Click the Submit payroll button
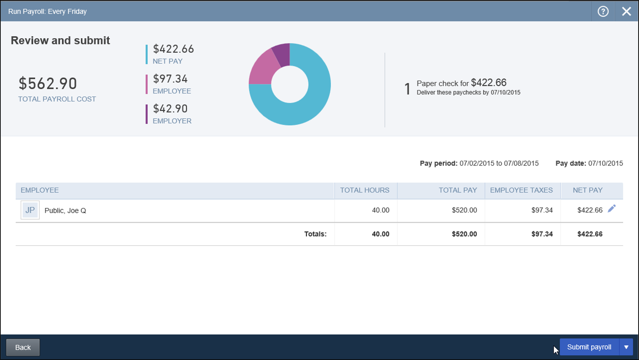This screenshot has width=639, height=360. point(589,347)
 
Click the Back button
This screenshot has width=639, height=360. point(23,347)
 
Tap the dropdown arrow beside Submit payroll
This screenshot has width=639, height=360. point(626,347)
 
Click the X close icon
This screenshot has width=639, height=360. point(626,11)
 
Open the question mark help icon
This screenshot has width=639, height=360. point(603,11)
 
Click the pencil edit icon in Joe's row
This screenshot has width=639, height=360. point(612,209)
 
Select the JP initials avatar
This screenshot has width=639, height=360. point(30,210)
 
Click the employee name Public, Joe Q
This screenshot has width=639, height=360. point(65,210)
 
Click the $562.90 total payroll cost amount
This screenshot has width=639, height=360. point(48,83)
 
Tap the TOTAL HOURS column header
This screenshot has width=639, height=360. point(364,190)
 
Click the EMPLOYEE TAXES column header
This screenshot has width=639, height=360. point(521,190)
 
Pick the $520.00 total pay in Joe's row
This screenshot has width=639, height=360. point(464,210)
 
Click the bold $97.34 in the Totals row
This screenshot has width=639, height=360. point(542,234)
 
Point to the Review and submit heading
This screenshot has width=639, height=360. point(60,40)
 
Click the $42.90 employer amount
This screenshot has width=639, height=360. point(170,108)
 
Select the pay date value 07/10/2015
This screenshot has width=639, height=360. point(605,163)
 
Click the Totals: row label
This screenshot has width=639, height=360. point(315,234)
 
